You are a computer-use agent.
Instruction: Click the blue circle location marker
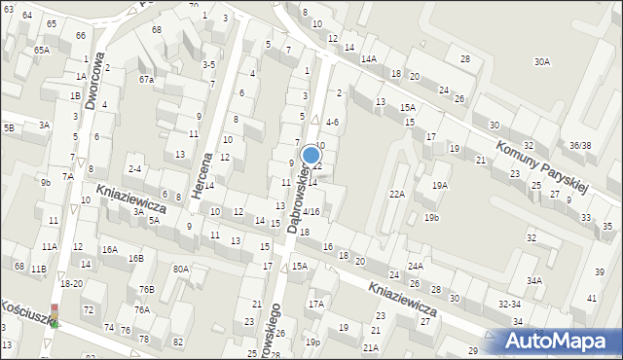(311, 154)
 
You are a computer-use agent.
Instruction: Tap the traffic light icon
(55, 315)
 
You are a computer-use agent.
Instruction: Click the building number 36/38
(580, 145)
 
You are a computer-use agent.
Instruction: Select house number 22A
(397, 194)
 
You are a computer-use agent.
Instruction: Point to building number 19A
(440, 185)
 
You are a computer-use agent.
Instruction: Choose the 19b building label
(431, 218)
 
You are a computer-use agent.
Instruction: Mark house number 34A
(534, 280)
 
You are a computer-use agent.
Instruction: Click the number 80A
(180, 269)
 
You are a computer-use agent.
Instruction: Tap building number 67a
(146, 79)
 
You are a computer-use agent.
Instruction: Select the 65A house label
(41, 49)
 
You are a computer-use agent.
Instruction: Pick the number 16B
(136, 258)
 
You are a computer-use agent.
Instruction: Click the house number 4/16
(311, 211)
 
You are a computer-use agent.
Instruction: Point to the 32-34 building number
(509, 304)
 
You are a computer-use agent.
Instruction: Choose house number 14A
(368, 58)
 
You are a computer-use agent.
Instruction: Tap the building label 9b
(45, 182)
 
